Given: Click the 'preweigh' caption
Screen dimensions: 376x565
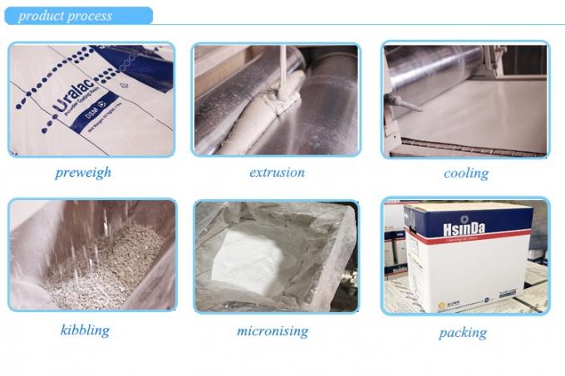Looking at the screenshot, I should pos(82,173).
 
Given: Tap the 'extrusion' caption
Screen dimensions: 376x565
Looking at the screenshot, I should pos(277,173).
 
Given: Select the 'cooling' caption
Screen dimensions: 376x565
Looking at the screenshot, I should pos(465,173).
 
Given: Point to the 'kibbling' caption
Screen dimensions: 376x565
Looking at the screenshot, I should pos(85,330).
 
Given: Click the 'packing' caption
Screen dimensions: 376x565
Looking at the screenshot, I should pos(462,333).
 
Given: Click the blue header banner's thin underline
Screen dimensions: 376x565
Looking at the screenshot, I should pos(332,24).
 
